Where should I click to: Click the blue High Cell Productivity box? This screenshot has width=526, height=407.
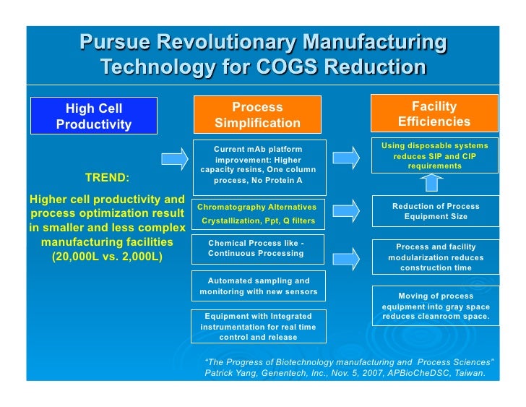(x=94, y=116)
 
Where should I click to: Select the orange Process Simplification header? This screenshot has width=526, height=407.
(x=257, y=115)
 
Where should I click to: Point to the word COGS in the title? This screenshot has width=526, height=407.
(x=295, y=67)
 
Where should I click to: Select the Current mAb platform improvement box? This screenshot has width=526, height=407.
(x=257, y=164)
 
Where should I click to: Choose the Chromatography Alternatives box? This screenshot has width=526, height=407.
(x=257, y=213)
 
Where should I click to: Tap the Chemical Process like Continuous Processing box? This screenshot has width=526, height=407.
(x=257, y=249)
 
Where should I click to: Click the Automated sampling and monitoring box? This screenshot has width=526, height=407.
(x=257, y=286)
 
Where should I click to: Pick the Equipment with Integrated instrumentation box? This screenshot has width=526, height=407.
(x=257, y=326)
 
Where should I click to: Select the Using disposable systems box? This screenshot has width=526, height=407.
(x=434, y=155)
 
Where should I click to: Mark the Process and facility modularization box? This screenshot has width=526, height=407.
(x=434, y=257)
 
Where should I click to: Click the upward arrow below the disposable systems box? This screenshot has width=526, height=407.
(x=432, y=183)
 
